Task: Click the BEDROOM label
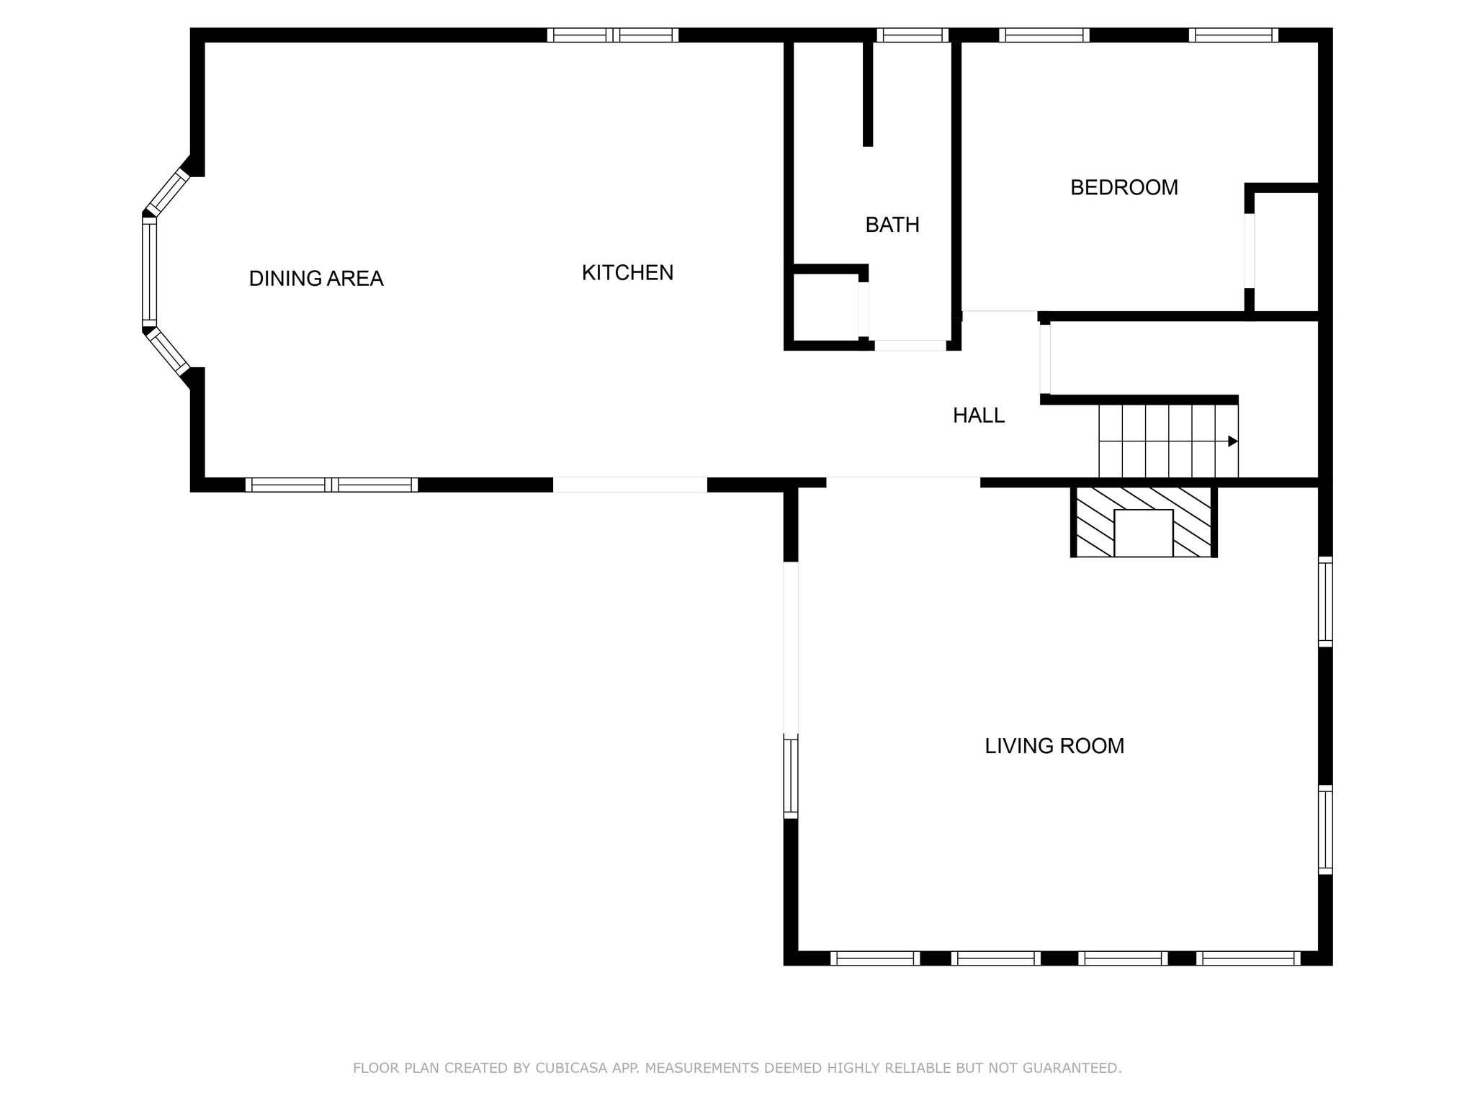1124,188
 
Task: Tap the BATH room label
892,225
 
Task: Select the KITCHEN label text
627,273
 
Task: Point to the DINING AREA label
315,279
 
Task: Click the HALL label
978,415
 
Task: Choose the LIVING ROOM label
1054,746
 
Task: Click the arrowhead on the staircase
1232,441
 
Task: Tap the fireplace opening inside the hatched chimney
1143,533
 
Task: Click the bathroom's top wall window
912,35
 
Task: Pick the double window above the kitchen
613,35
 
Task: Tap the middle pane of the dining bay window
150,272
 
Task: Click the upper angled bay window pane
167,192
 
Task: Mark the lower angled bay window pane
167,351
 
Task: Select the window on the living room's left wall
791,778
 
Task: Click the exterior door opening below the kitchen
630,485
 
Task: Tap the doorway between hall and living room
903,481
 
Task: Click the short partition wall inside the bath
868,94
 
